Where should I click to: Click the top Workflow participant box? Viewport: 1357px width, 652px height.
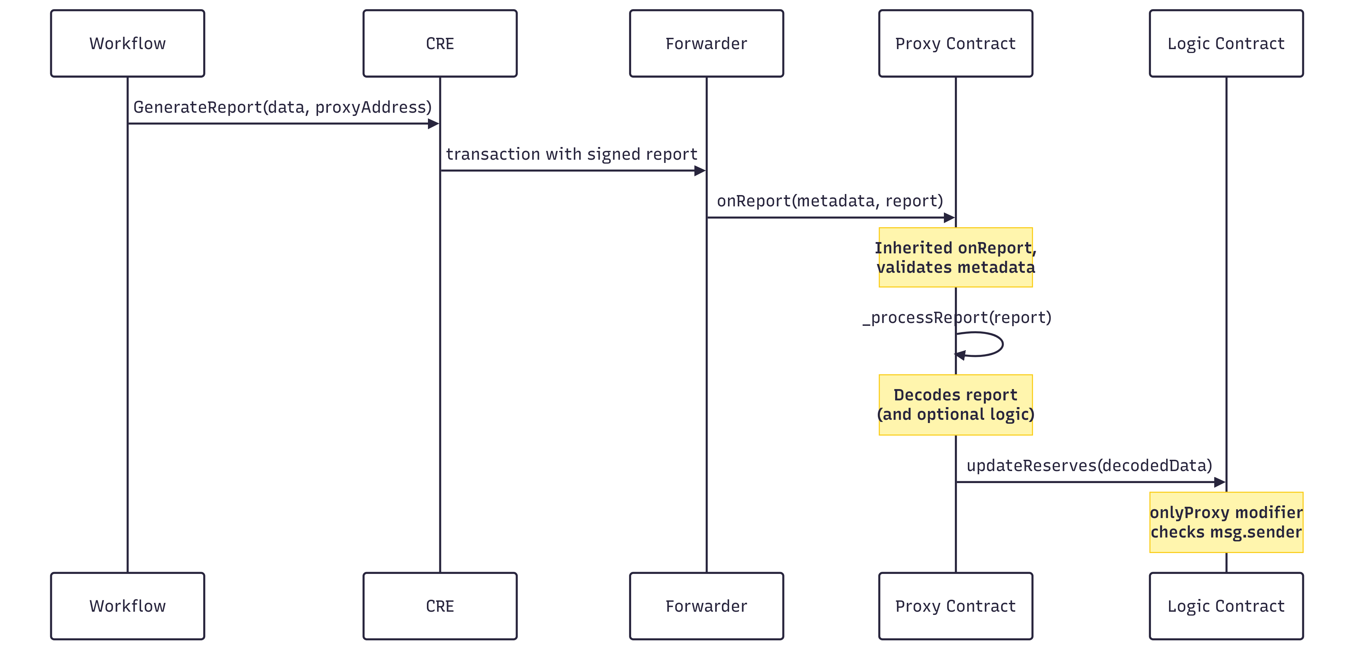tap(128, 43)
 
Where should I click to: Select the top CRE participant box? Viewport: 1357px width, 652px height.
tap(440, 43)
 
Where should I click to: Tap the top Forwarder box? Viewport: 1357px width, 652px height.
tap(706, 43)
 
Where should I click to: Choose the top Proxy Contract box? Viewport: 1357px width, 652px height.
tap(956, 43)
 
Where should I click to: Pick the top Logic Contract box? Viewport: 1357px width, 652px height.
tap(1226, 43)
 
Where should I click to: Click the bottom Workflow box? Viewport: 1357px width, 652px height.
tap(128, 606)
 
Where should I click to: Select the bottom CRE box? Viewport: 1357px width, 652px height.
tap(440, 606)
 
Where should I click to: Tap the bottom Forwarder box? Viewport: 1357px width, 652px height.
tap(706, 606)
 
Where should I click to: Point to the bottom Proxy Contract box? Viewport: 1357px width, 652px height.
tap(956, 606)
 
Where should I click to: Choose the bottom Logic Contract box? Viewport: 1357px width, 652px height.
tap(1226, 606)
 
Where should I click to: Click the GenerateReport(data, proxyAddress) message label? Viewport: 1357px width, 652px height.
tap(282, 107)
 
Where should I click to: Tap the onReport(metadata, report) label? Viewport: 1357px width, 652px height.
tap(830, 201)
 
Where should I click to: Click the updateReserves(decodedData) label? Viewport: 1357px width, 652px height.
tap(1089, 465)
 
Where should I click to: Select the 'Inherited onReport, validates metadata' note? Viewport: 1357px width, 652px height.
tap(956, 258)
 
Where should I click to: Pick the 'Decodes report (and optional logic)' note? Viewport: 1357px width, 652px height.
tap(956, 405)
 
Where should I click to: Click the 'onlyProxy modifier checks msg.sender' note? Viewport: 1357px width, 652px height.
tap(1226, 522)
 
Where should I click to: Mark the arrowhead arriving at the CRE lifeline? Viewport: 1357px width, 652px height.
tap(434, 124)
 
